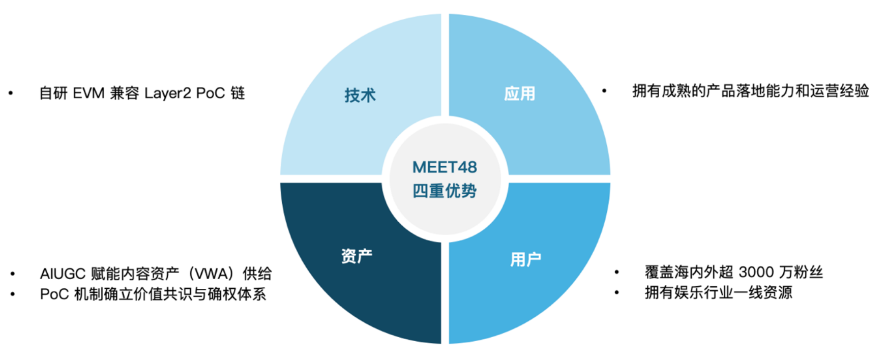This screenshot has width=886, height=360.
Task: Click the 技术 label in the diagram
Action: tap(360, 95)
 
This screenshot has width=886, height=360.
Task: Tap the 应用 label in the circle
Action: tap(519, 94)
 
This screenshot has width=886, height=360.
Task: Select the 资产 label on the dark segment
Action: tap(357, 256)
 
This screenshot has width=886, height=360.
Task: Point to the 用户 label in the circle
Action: tap(525, 259)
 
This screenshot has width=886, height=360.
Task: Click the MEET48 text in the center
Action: tap(445, 167)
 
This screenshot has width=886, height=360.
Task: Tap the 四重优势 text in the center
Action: tap(445, 191)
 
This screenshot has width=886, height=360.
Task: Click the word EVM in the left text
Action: tap(88, 94)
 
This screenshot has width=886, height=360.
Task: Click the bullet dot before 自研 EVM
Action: tap(11, 93)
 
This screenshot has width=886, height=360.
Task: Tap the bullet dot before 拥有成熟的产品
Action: tap(604, 91)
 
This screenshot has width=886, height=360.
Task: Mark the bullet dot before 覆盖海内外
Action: tap(616, 273)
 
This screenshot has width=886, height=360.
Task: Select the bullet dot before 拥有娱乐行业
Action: tap(616, 293)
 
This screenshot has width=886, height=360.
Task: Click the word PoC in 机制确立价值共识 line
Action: tap(54, 294)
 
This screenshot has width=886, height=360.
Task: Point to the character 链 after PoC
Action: tap(238, 94)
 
